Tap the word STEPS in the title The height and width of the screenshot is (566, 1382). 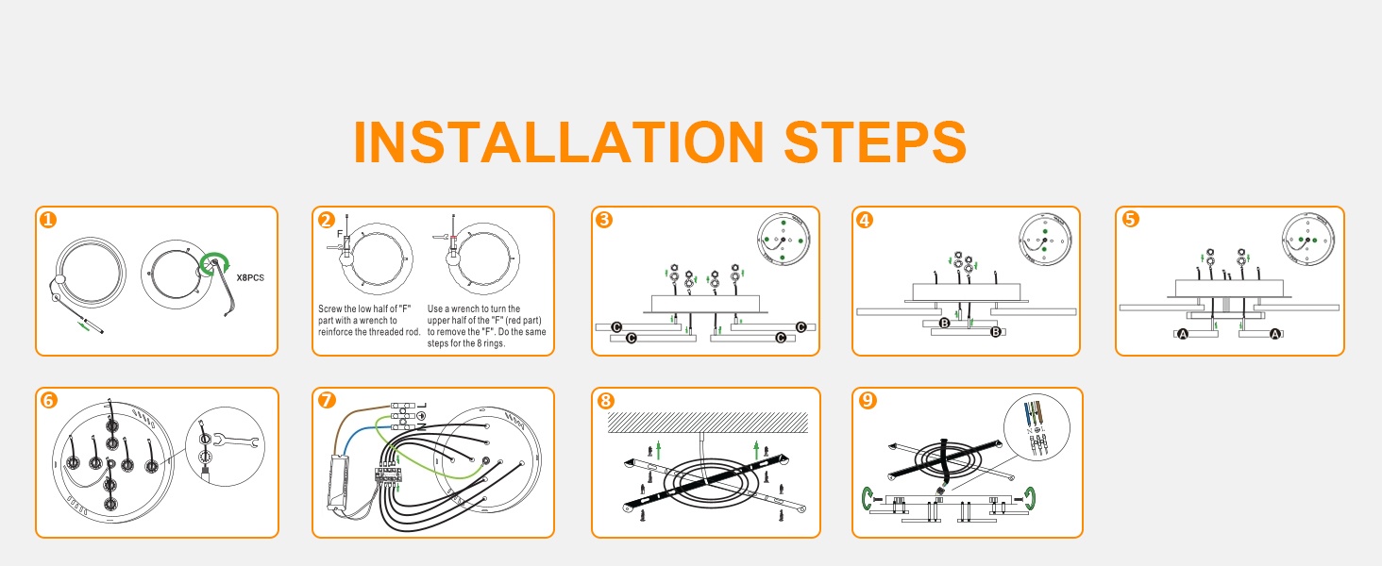(875, 141)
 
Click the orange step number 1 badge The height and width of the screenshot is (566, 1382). (48, 220)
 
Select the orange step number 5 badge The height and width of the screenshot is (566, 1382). (1130, 219)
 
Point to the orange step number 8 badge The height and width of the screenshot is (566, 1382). (605, 401)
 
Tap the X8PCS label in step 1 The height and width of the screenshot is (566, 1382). (250, 278)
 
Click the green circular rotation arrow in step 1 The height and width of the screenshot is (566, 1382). (214, 263)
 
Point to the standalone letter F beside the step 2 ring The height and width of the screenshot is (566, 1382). (340, 234)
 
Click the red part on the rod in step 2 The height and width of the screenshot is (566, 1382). (453, 238)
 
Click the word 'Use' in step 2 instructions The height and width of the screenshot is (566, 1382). (435, 308)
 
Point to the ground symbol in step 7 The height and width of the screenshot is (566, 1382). (421, 416)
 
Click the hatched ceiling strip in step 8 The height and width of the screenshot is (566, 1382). (708, 423)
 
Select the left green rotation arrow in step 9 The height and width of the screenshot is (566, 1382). (868, 498)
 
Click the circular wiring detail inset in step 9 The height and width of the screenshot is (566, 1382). (1036, 427)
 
